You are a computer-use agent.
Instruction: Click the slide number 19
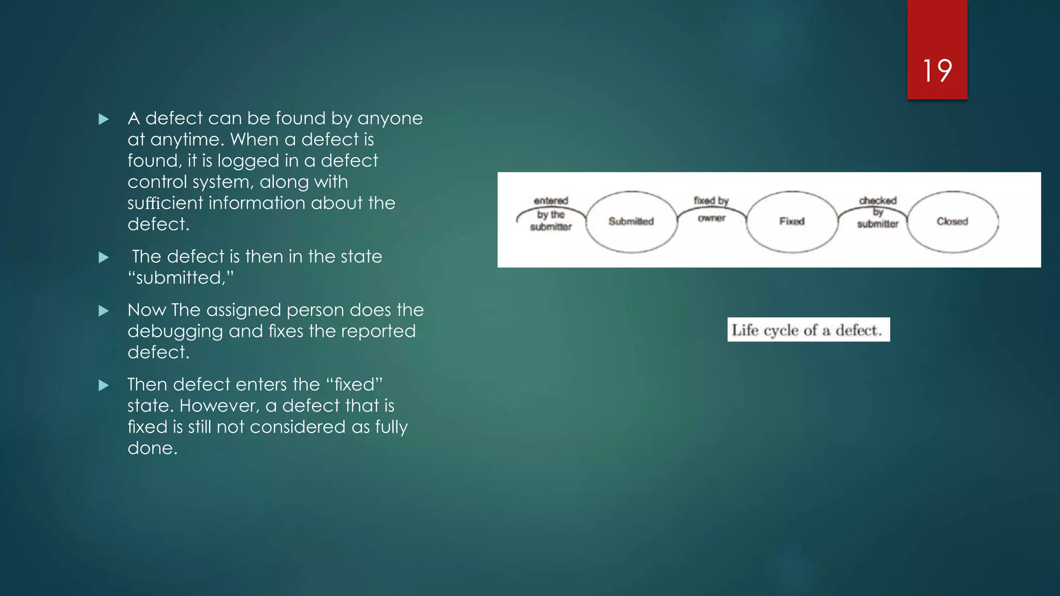[x=937, y=70]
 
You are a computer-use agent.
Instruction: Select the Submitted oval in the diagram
[x=631, y=221]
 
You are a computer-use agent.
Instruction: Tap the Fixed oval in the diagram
[x=792, y=221]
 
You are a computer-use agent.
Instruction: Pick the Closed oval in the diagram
[x=952, y=221]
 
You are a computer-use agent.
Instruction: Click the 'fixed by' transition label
[x=711, y=200]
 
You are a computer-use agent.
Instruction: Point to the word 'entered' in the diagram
[x=551, y=200]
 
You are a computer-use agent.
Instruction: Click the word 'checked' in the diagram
[x=878, y=200]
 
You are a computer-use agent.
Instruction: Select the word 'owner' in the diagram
[x=712, y=218]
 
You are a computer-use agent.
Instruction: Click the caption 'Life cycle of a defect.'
[x=808, y=330]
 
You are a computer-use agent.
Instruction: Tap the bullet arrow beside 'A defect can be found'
[x=104, y=120]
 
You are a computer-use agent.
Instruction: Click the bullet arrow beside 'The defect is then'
[x=104, y=258]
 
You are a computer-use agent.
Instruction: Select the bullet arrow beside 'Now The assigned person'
[x=104, y=311]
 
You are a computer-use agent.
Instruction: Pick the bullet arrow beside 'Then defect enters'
[x=104, y=385]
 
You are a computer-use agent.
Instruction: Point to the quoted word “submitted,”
[x=181, y=278]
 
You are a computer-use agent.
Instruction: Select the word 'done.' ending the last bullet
[x=153, y=448]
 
